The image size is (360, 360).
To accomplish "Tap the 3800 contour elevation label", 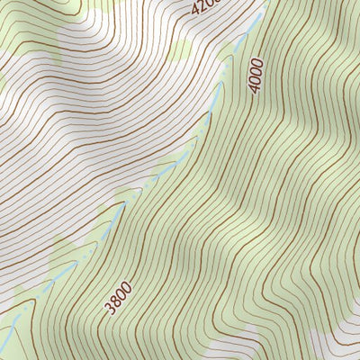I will (x=118, y=298).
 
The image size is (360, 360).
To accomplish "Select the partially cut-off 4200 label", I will (x=204, y=7).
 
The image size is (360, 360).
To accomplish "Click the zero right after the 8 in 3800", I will (x=121, y=293).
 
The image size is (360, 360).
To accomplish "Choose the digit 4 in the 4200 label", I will (x=197, y=12).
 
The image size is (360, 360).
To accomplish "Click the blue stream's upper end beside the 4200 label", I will (x=261, y=16).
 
